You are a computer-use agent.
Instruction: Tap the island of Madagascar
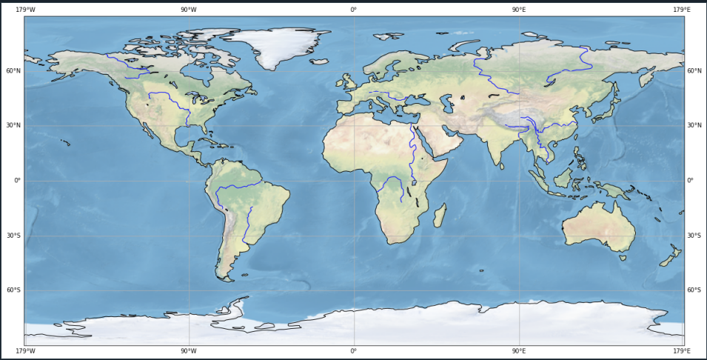point(439,216)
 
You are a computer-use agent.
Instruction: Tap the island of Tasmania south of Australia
point(623,258)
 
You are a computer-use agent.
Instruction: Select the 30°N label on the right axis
point(694,126)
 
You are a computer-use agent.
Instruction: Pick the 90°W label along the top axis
point(189,10)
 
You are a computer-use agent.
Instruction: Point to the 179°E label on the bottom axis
point(682,350)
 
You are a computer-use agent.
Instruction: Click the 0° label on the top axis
point(353,10)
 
